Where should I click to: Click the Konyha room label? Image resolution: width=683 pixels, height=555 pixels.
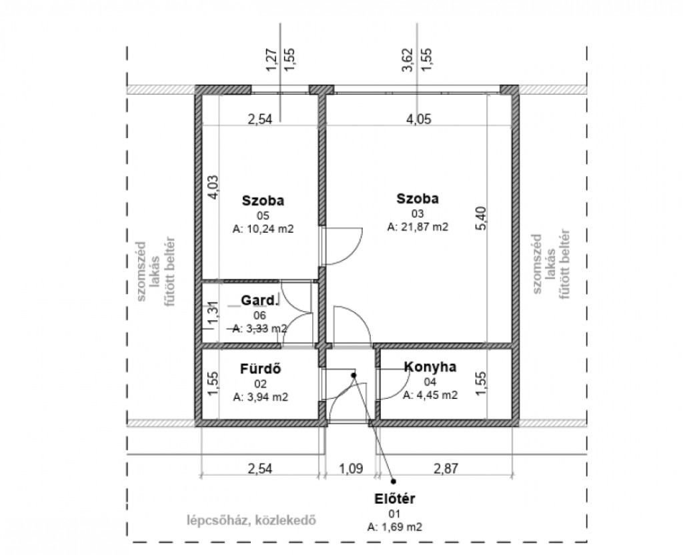tap(430, 367)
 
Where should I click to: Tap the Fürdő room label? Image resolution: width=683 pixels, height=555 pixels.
tap(261, 369)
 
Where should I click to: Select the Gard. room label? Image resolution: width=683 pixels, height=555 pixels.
tap(259, 301)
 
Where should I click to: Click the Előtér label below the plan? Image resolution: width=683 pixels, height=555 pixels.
tap(395, 498)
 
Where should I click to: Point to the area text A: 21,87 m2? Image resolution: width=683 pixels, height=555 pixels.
tap(418, 227)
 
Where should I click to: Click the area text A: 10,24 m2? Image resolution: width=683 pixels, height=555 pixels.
tap(263, 229)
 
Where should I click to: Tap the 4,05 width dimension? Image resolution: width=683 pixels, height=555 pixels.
tap(418, 119)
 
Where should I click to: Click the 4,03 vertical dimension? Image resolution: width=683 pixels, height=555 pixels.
tap(214, 187)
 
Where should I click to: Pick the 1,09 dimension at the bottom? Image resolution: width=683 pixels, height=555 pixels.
tap(351, 469)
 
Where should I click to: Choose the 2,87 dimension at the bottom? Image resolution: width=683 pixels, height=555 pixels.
tap(446, 468)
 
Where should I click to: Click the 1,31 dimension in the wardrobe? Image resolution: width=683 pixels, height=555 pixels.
tap(213, 313)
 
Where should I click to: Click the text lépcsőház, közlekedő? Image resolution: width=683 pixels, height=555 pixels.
tap(251, 520)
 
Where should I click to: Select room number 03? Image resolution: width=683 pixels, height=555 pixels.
tap(418, 213)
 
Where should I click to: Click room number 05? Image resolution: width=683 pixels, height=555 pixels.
tap(263, 215)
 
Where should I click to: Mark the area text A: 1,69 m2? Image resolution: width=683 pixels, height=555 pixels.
tap(395, 527)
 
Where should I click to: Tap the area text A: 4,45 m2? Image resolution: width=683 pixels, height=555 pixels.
tap(430, 395)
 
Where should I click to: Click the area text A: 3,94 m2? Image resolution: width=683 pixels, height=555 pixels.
tap(261, 397)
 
